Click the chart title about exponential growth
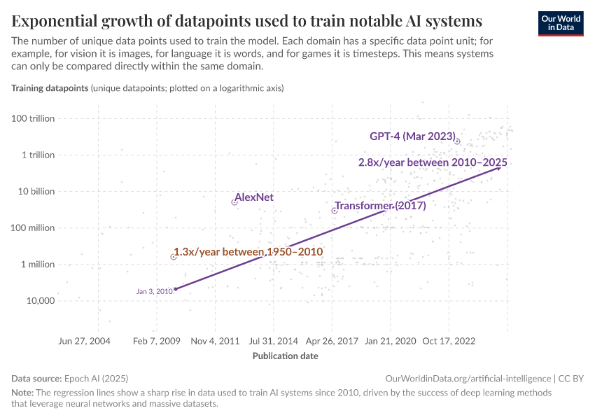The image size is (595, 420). click(246, 20)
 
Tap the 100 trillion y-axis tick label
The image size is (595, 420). click(33, 118)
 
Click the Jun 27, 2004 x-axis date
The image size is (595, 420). click(85, 341)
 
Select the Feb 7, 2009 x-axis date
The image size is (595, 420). click(157, 341)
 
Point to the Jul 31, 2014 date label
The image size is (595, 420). click(274, 341)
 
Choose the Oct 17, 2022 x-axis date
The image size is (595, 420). click(449, 341)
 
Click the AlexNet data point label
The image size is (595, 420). click(254, 197)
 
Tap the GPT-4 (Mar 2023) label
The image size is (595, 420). click(412, 136)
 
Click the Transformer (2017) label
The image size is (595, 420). click(380, 206)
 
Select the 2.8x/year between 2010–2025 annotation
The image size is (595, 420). click(433, 162)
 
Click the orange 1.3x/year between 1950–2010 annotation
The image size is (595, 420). click(248, 251)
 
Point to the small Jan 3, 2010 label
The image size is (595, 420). click(154, 291)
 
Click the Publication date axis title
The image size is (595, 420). click(285, 356)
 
